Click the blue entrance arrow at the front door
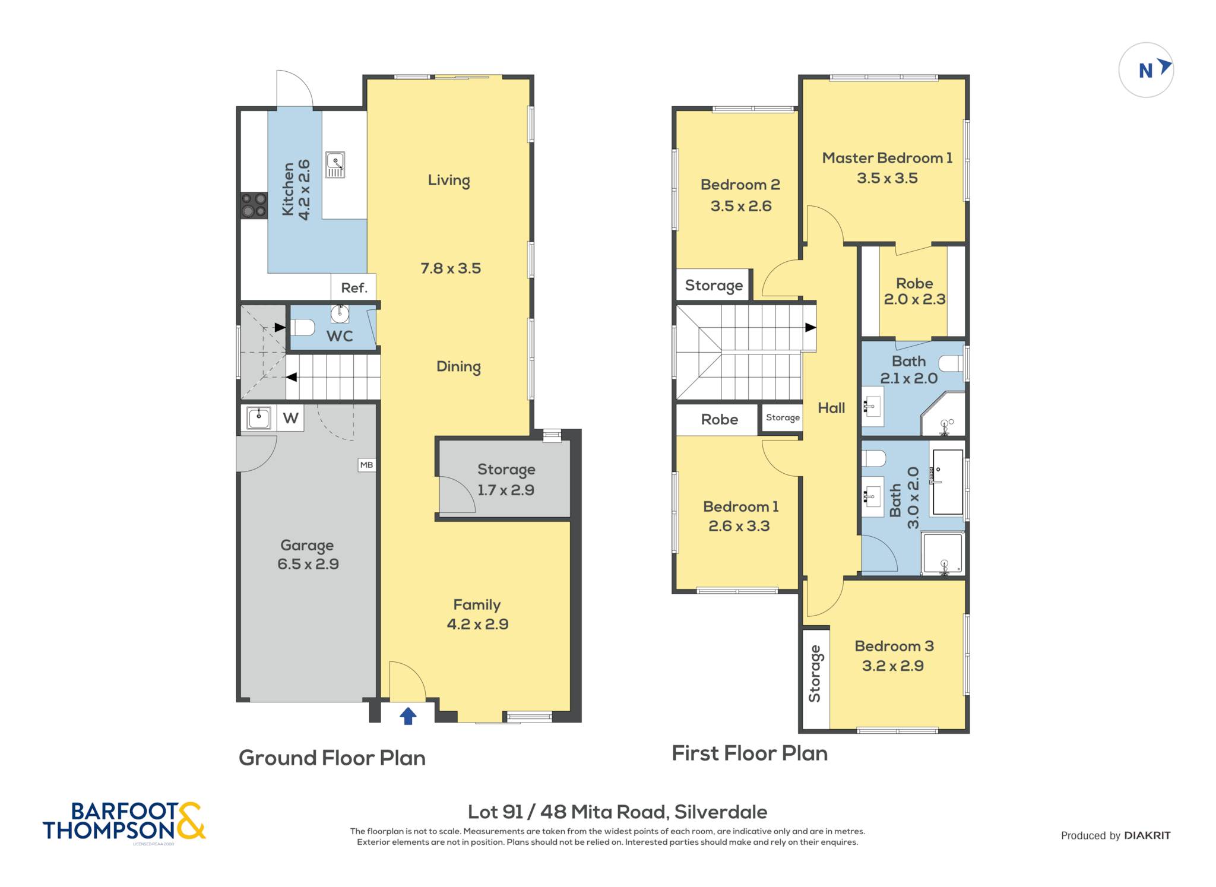[x=407, y=716]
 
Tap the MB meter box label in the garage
[x=366, y=465]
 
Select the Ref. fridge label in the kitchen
[x=354, y=288]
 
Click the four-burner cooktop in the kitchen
[x=254, y=205]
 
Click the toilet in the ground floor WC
[x=302, y=327]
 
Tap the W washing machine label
[x=290, y=418]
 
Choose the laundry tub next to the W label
[x=259, y=417]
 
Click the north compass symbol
[x=1146, y=70]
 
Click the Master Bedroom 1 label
[x=887, y=158]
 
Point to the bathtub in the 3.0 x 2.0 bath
[x=948, y=481]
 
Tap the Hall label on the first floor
[x=831, y=408]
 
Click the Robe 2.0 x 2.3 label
[x=914, y=291]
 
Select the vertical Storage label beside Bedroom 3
[x=815, y=673]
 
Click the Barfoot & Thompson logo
[x=124, y=821]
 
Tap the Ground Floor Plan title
[x=332, y=758]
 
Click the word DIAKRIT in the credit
[x=1147, y=835]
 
